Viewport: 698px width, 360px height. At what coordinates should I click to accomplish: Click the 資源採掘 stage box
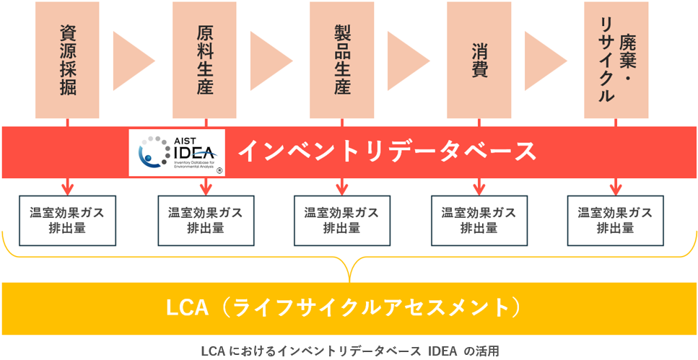67,60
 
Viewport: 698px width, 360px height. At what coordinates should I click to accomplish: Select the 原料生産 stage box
204,60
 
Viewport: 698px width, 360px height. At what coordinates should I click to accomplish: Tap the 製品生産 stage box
341,60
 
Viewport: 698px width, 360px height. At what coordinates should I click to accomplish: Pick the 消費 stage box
479,60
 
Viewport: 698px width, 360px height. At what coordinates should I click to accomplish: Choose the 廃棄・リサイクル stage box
615,60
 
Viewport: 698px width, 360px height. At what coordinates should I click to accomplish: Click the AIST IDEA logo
176,152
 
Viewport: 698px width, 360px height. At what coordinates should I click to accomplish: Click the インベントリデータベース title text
388,152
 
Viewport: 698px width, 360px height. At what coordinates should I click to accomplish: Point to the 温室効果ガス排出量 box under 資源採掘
67,220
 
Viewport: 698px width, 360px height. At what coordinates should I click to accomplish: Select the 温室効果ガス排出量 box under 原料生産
205,220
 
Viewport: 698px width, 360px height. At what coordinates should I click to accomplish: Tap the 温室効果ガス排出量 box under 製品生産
341,220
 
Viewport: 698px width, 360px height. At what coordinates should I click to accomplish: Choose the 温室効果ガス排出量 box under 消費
479,220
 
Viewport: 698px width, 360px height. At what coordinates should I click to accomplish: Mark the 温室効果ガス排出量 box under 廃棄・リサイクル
615,220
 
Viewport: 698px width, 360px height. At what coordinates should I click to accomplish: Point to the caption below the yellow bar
349,351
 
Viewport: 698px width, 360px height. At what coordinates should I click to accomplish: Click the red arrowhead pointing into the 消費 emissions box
479,190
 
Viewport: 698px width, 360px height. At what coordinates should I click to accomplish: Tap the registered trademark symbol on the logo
219,171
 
